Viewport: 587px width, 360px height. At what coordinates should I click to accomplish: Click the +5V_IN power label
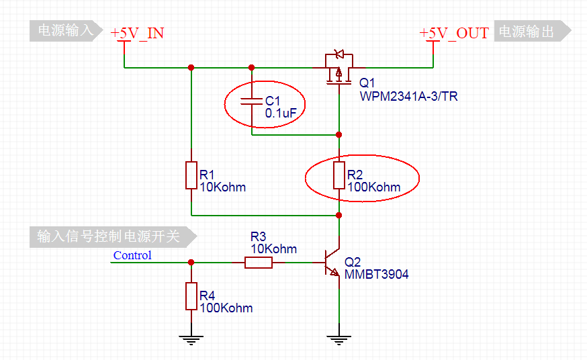coord(138,33)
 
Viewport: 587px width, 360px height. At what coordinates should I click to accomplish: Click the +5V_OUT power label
coord(454,33)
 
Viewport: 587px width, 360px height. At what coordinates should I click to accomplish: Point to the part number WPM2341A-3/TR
coord(408,97)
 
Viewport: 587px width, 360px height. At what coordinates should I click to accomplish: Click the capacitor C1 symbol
coord(252,101)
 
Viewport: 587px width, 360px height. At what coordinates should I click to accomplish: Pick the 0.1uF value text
coord(281,114)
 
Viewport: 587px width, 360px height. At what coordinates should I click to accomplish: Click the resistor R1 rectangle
coord(191,175)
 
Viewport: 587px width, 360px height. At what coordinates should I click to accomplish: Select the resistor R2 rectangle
coord(339,175)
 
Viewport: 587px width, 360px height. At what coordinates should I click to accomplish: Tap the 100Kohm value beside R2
coord(373,187)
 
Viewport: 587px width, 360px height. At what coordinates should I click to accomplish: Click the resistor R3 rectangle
coord(258,263)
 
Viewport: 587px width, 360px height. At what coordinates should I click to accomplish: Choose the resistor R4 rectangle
coord(191,296)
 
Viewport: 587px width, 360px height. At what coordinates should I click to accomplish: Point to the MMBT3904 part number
coord(376,274)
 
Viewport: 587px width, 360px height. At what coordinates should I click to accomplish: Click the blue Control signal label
coord(132,255)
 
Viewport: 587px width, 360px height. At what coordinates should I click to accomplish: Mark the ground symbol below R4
coord(191,339)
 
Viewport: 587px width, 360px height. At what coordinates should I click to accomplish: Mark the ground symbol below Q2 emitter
coord(339,339)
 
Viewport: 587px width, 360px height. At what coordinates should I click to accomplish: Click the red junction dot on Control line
coord(191,263)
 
